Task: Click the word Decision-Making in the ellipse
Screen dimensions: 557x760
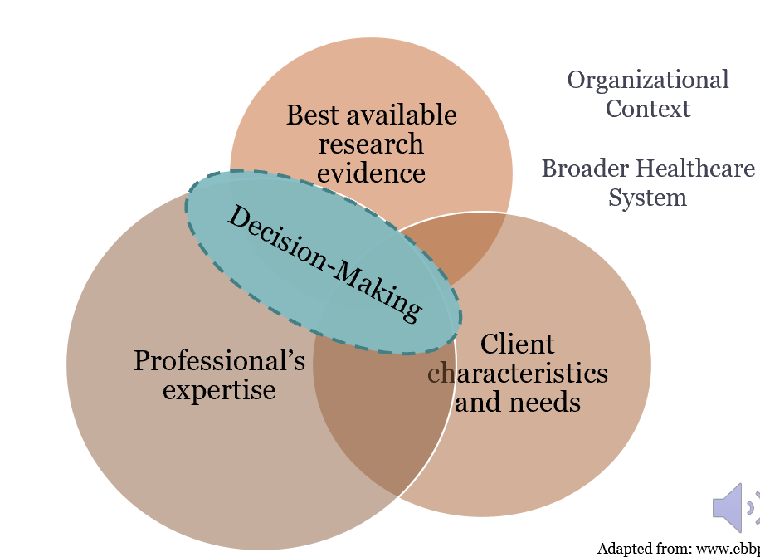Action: point(324,263)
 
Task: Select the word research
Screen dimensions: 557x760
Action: point(371,144)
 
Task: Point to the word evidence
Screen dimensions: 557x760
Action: point(371,173)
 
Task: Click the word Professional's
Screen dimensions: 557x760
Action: point(219,361)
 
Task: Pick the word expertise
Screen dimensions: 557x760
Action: point(219,389)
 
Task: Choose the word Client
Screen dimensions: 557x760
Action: point(517,344)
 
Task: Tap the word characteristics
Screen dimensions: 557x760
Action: point(518,373)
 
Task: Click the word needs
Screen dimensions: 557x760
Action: point(544,402)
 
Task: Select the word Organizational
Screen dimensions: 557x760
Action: point(648,80)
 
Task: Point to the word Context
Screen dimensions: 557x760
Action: point(648,109)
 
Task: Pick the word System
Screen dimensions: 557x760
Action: point(648,198)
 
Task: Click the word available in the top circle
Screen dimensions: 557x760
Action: point(406,115)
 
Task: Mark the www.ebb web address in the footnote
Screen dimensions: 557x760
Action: point(727,549)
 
